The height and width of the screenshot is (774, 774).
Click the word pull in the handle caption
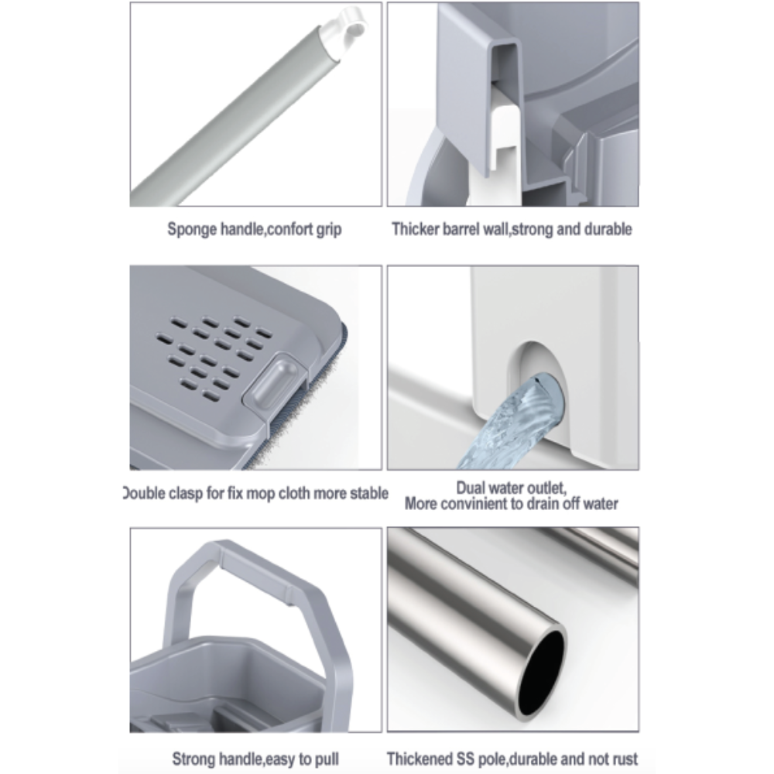coord(327,759)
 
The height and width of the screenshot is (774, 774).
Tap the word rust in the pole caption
coord(623,759)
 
